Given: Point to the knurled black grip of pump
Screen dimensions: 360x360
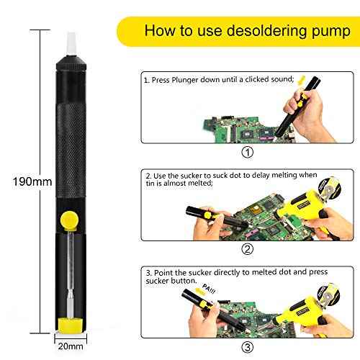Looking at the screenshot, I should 70,130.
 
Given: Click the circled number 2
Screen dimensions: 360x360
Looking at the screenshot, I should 247,250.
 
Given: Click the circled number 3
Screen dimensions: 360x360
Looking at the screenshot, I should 247,347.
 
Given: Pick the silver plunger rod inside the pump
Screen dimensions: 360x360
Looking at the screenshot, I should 70,277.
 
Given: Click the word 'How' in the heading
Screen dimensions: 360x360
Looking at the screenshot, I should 158,31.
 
